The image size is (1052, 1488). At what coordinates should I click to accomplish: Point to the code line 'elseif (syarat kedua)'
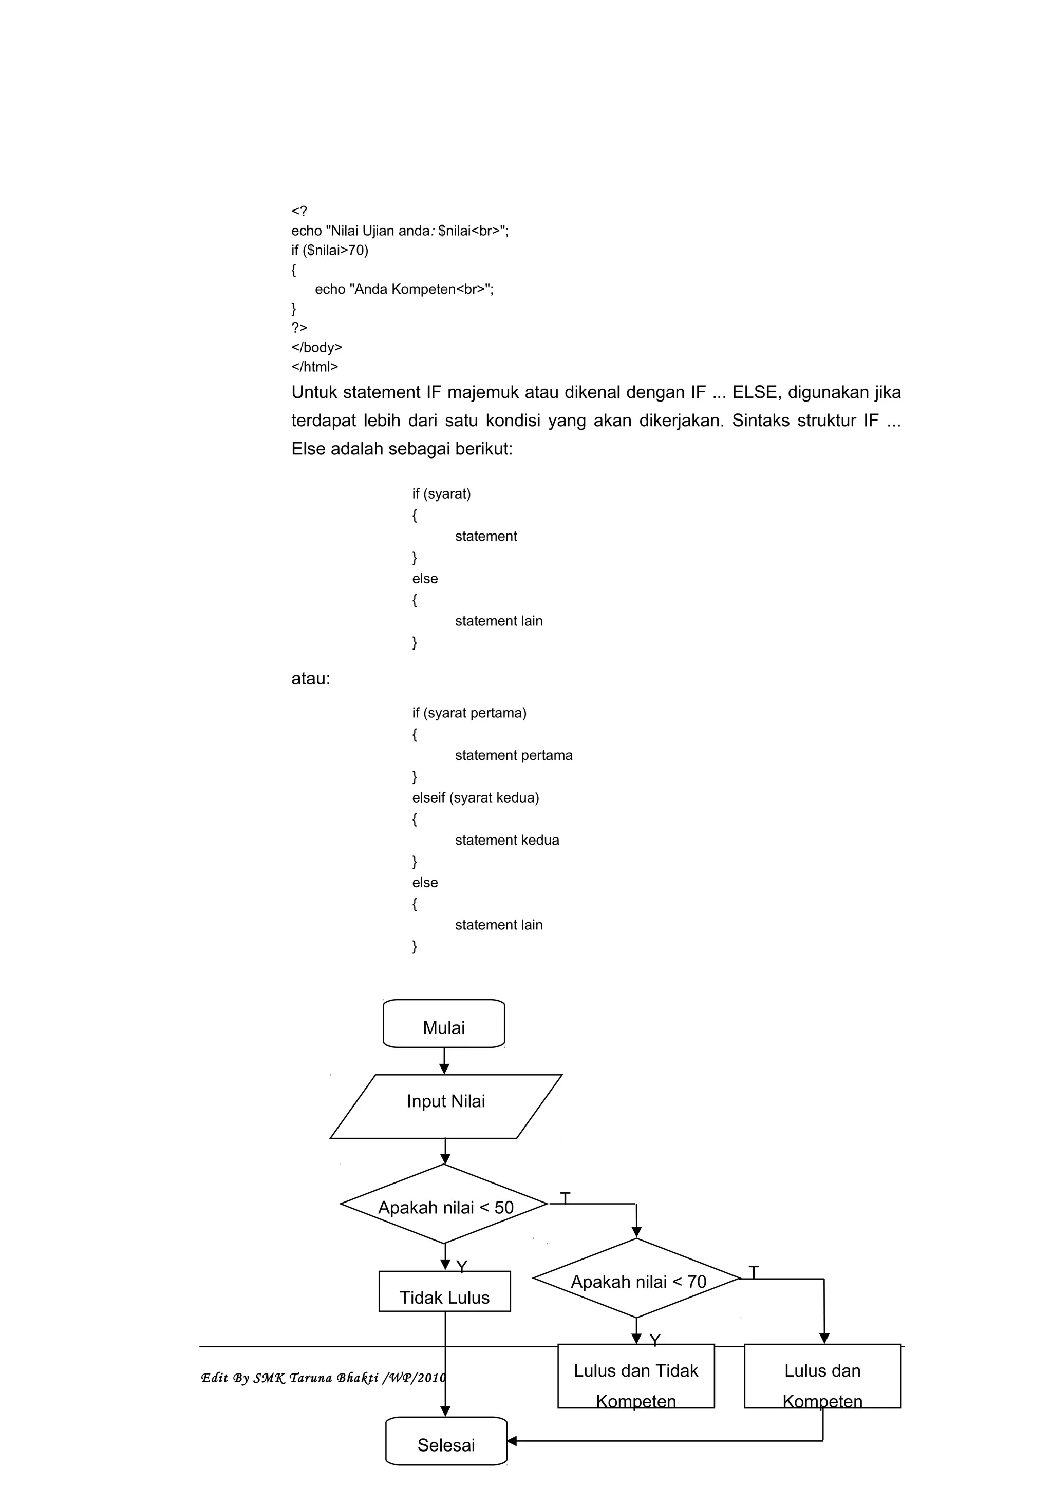[x=475, y=798]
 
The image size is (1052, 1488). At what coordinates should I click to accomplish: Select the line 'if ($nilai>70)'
[x=329, y=250]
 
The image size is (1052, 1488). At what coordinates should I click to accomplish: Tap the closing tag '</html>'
[x=314, y=367]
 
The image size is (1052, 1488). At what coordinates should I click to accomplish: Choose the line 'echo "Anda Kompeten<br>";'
[x=404, y=289]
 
